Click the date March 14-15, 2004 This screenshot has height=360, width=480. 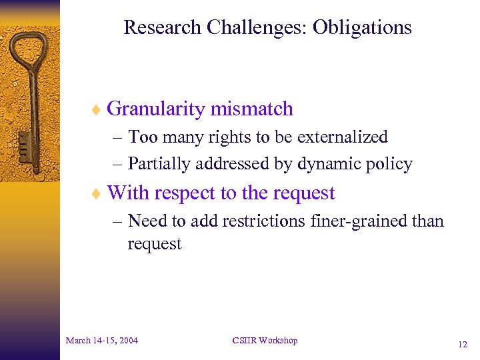pyautogui.click(x=102, y=341)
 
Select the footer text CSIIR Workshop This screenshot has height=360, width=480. pyautogui.click(x=265, y=341)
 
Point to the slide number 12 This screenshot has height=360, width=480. pyautogui.click(x=463, y=345)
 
